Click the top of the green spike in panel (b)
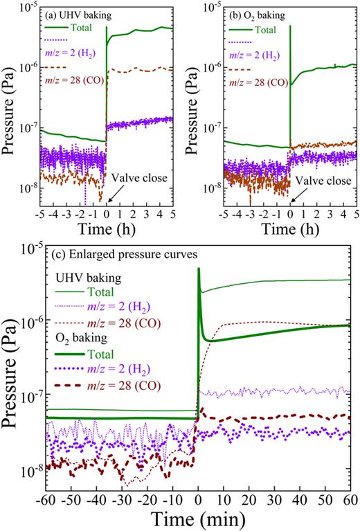(x=291, y=26)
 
